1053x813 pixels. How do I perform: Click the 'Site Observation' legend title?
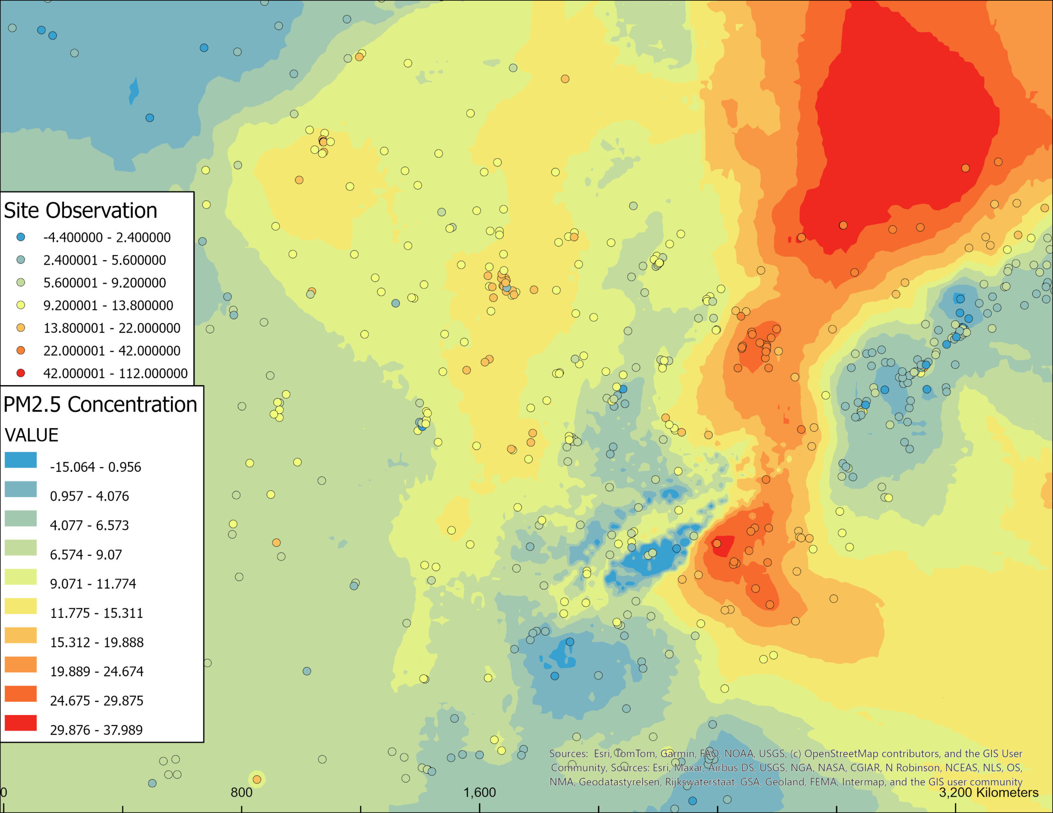[x=81, y=210]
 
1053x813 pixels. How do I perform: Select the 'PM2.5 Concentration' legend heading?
[x=100, y=404]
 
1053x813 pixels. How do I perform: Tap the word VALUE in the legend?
[x=32, y=435]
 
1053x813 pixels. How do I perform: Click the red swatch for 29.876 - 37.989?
[x=21, y=723]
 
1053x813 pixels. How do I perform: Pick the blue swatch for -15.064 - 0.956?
[x=21, y=460]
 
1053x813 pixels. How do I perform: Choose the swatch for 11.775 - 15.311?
[x=21, y=606]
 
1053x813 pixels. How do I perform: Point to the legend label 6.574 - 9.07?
[x=86, y=555]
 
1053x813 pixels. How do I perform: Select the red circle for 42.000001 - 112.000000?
[x=21, y=373]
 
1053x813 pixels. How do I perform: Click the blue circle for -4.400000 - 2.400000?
[x=21, y=237]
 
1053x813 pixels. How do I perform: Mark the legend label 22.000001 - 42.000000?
[x=112, y=351]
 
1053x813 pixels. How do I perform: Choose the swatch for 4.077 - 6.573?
[x=21, y=518]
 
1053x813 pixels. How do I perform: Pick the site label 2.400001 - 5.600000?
[x=104, y=260]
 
